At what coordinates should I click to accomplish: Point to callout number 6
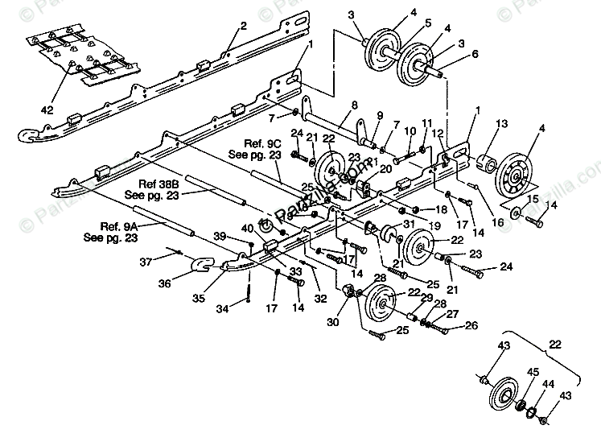(474, 55)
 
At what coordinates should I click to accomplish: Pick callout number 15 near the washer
(532, 199)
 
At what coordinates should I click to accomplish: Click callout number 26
(471, 327)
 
